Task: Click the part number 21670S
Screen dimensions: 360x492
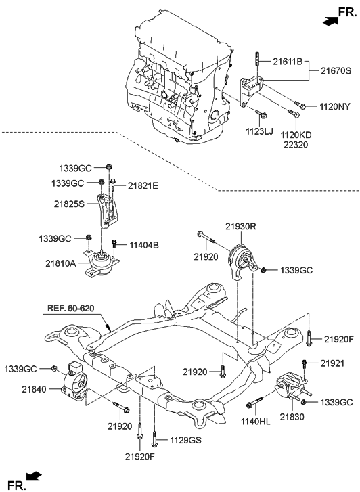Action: pyautogui.click(x=336, y=71)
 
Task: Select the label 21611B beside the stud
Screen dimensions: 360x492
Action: pyautogui.click(x=288, y=62)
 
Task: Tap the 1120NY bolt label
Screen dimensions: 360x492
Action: pyautogui.click(x=334, y=107)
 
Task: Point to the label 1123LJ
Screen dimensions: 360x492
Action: pyautogui.click(x=259, y=131)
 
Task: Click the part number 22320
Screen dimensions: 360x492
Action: pyautogui.click(x=296, y=145)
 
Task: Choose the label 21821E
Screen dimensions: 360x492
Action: pyautogui.click(x=143, y=186)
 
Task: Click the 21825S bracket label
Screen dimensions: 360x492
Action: pyautogui.click(x=69, y=204)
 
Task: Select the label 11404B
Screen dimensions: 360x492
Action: pyautogui.click(x=144, y=245)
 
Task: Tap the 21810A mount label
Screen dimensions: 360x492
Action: pyautogui.click(x=61, y=263)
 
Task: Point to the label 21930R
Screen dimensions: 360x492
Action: pyautogui.click(x=241, y=226)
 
